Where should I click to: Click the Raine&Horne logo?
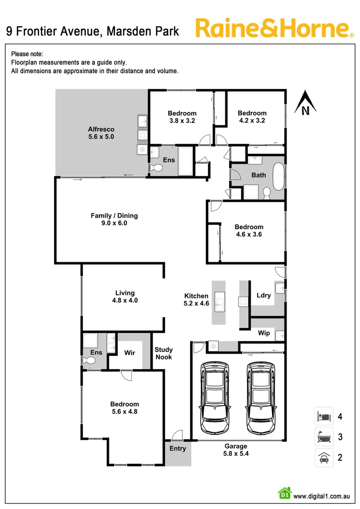pos(274,28)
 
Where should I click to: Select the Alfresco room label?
pos(101,129)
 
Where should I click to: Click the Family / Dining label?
pos(114,216)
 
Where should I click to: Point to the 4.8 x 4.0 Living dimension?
pos(125,300)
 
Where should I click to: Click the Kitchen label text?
pos(196,296)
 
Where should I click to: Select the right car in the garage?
pos(261,399)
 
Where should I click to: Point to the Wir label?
pos(130,352)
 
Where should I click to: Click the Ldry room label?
pos(263,296)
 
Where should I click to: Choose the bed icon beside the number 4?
pos(324,417)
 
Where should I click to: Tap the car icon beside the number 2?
pos(324,457)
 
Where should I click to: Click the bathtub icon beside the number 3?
pos(324,437)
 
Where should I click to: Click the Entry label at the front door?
pos(178,449)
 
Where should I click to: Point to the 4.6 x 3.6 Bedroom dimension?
pos(249,234)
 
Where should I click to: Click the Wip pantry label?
pos(264,333)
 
